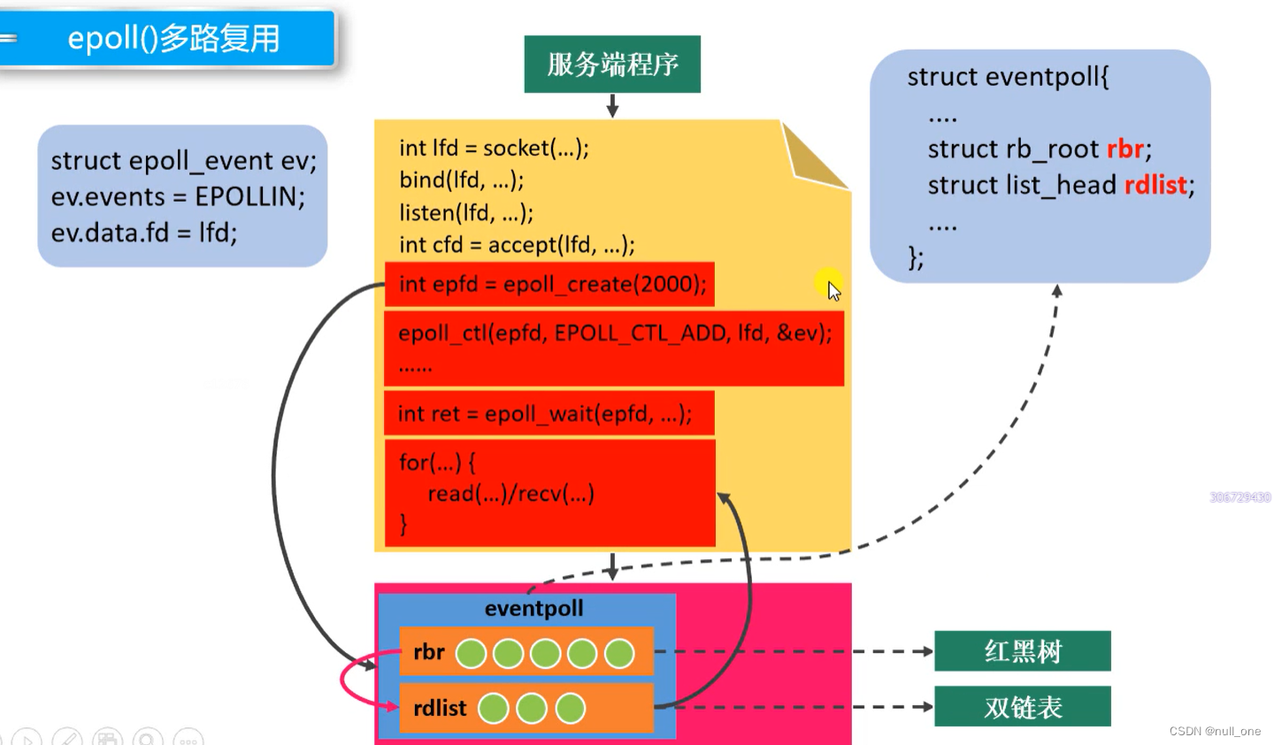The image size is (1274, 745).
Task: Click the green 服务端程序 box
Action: coord(612,65)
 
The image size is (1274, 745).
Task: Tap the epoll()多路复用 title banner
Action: coord(173,39)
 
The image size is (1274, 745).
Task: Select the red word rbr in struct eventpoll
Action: coord(1124,149)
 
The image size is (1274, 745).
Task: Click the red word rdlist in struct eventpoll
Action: coord(1155,185)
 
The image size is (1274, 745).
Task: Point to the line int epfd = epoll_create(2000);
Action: coord(552,284)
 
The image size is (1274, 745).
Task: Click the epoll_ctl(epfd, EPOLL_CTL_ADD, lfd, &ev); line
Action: coord(615,333)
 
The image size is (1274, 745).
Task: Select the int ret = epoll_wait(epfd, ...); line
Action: coord(545,413)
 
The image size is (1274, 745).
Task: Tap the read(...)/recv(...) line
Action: coord(510,494)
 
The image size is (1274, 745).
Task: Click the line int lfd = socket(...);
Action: coord(494,148)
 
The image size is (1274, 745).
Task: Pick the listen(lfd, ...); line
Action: coord(466,212)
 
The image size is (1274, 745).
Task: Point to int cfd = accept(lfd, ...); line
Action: coord(517,244)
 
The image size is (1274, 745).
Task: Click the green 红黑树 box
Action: coord(1022,651)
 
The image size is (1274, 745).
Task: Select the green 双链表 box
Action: coord(1022,707)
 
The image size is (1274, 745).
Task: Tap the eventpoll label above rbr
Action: coord(533,609)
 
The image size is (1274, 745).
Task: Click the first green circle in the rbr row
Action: coord(471,654)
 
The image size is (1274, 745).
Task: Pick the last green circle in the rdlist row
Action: coord(571,708)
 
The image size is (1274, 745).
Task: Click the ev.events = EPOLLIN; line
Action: coord(178,196)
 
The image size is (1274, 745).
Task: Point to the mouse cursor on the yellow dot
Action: coord(832,288)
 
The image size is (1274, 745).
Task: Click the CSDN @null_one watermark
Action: coord(1215,731)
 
